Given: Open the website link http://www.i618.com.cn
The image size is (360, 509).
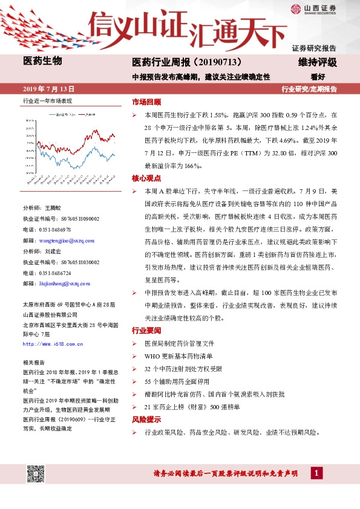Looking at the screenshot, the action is [56, 343].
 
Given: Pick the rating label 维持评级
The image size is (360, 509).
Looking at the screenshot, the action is [317, 63].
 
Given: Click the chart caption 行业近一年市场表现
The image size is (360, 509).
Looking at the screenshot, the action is [47, 101].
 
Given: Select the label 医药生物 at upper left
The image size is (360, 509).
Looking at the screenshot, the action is [42, 61].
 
